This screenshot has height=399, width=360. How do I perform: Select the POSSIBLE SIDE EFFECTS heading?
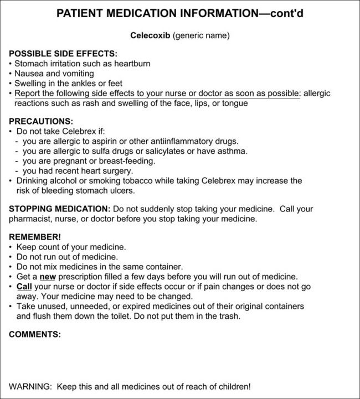coord(63,54)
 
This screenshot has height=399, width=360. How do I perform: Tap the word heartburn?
coord(132,64)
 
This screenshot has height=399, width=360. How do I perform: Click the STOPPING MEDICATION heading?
coord(59,209)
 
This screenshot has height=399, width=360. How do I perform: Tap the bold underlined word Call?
coord(24,286)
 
